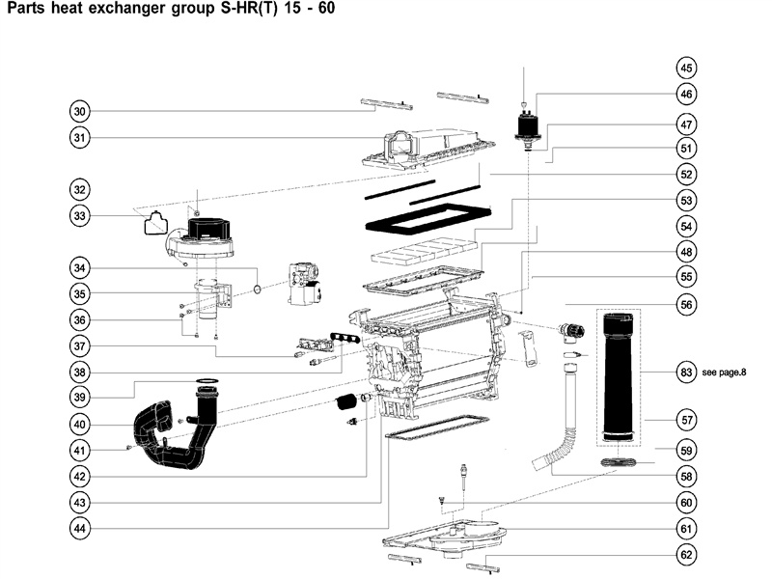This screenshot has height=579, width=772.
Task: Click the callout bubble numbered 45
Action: coord(686,69)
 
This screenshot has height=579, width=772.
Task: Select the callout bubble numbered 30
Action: coord(80,110)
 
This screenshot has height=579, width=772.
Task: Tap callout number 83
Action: coord(686,372)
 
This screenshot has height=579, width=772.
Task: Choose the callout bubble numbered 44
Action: coord(80,528)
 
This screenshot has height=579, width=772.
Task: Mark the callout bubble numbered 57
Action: coord(686,421)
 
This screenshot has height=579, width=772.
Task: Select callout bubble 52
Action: coord(686,176)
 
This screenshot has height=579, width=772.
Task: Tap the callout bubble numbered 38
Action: coord(80,372)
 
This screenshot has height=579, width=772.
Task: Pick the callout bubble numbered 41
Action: coord(80,450)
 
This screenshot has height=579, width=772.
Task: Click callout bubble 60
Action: coord(686,502)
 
